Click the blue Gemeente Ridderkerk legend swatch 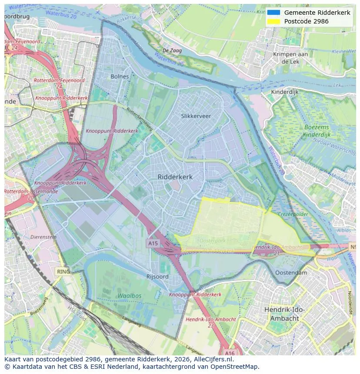[x=273, y=13]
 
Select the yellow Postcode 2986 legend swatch [x=273, y=21]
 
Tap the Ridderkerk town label [x=175, y=177]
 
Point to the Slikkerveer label [x=196, y=116]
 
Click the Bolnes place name [x=120, y=76]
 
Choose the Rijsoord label [x=157, y=277]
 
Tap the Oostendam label [x=291, y=273]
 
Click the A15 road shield [x=153, y=244]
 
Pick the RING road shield [x=63, y=271]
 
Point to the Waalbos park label [x=129, y=296]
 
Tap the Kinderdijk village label [x=285, y=92]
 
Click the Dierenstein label [x=43, y=237]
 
